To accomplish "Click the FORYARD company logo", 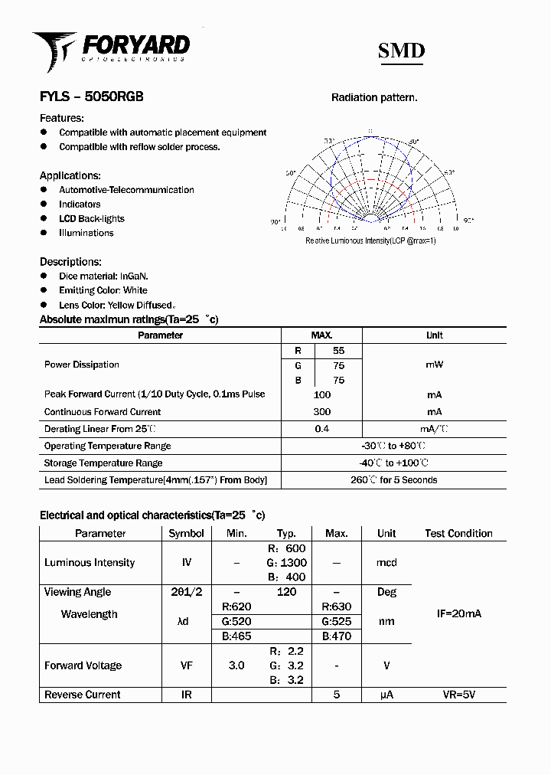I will click(111, 49).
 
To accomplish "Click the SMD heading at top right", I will click(401, 51).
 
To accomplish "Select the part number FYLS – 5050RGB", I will click(91, 97).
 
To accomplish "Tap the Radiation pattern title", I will click(374, 98).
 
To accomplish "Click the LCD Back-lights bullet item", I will click(91, 219).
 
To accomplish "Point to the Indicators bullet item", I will click(80, 204).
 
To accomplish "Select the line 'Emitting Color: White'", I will click(103, 290).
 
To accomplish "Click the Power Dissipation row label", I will click(82, 365).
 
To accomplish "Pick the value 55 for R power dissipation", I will click(338, 350).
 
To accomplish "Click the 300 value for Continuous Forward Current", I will click(322, 412).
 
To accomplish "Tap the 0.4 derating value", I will click(322, 429).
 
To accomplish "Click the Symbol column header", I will click(186, 533).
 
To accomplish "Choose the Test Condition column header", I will click(458, 533).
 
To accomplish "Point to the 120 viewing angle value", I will click(286, 592).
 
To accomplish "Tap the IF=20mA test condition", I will click(458, 614).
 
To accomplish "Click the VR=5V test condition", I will click(458, 695).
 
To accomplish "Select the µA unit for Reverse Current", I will click(386, 695).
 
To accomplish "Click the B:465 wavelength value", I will click(236, 636).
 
